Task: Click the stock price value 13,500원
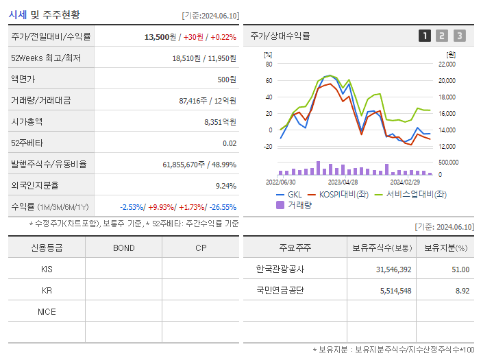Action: [x=160, y=37]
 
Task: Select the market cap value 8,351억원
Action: [x=220, y=122]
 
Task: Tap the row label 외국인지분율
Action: [x=35, y=185]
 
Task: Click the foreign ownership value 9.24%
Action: [x=225, y=186]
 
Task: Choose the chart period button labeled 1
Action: [x=425, y=36]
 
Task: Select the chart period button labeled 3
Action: [x=459, y=36]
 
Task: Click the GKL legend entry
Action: [x=294, y=195]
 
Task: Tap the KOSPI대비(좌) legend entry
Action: [x=342, y=195]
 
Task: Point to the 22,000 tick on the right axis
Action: [x=446, y=64]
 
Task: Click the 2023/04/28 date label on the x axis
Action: [x=343, y=182]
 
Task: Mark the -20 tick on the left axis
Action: [x=269, y=146]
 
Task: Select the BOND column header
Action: [x=123, y=248]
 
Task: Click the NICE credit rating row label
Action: [x=47, y=312]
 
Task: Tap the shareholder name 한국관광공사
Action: [x=280, y=269]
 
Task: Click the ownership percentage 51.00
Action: [x=460, y=269]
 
